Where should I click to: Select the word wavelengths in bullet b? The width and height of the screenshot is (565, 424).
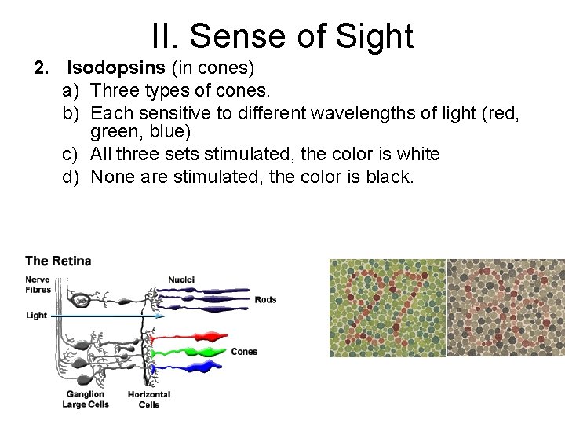(368, 113)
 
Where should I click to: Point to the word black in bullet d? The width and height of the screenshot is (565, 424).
(389, 176)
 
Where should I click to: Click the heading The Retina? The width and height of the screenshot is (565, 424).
(58, 261)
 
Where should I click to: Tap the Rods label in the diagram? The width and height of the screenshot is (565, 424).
(265, 299)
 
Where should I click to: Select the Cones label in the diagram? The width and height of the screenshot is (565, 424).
(244, 352)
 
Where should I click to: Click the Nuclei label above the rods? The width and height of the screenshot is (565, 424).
(182, 280)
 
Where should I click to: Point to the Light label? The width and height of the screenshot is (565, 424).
(36, 315)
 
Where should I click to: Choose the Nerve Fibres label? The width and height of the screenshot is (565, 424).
(38, 284)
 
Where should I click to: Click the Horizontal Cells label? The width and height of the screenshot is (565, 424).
(148, 399)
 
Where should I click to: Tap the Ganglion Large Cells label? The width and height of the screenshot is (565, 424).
(86, 399)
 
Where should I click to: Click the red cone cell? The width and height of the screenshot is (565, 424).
(196, 337)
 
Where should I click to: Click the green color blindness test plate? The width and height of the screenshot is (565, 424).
(387, 309)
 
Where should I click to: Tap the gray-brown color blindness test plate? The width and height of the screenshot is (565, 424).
(505, 309)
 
